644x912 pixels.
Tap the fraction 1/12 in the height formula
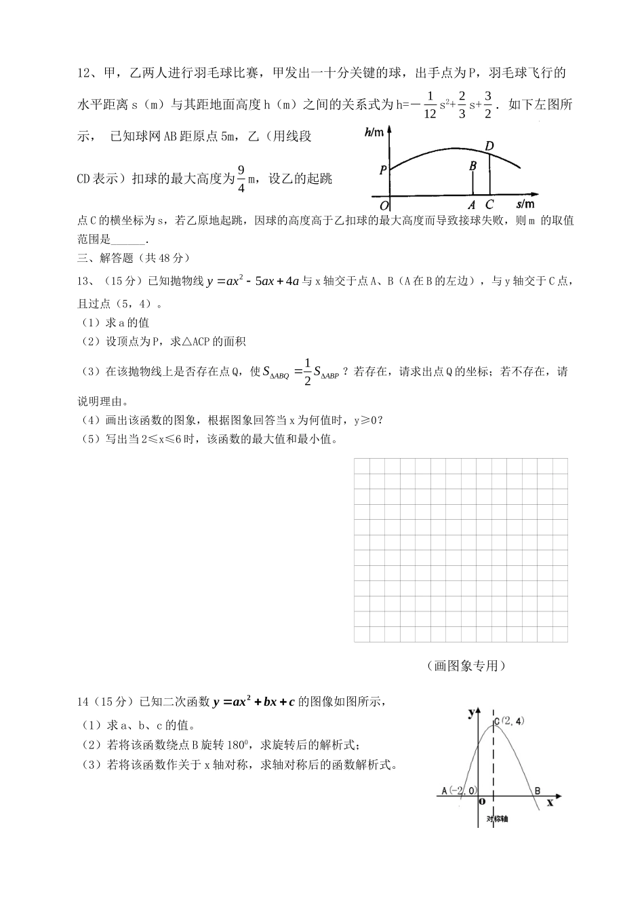tap(429, 105)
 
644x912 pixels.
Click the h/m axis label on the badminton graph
tap(374, 133)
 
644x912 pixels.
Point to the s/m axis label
tap(524, 204)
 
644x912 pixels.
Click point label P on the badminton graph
tap(383, 170)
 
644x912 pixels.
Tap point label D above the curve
tap(489, 146)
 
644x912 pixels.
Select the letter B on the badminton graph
tap(472, 165)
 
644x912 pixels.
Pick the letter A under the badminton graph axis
tap(472, 204)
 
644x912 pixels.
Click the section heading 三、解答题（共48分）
tap(134, 258)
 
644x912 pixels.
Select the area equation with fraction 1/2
tap(300, 373)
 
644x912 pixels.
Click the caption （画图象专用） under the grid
tap(466, 666)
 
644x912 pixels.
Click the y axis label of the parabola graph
tap(471, 712)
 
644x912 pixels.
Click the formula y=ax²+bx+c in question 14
tap(254, 702)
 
